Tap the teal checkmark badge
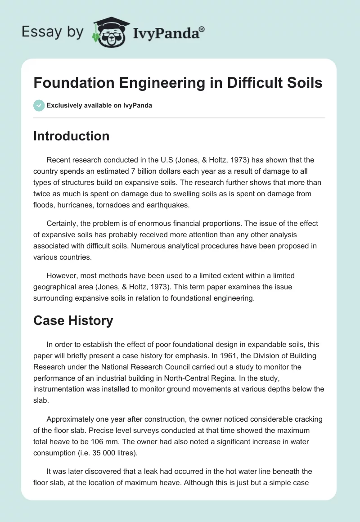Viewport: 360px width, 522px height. click(x=39, y=105)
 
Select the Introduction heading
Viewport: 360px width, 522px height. click(x=71, y=136)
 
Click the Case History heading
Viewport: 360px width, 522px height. click(x=73, y=320)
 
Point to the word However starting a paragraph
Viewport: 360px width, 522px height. click(x=63, y=275)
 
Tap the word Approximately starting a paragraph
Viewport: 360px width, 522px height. click(x=70, y=418)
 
